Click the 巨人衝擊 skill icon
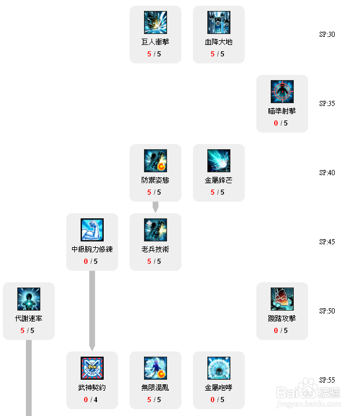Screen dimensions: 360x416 [x=156, y=22]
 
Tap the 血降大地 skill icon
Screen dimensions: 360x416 [x=219, y=22]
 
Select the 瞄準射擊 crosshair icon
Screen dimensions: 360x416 [x=282, y=92]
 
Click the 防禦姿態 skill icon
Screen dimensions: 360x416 [x=156, y=161]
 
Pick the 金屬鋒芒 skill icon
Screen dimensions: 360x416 [x=219, y=161]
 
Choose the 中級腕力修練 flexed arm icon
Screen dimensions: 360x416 [x=92, y=230]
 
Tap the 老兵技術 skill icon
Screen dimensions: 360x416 [x=156, y=230]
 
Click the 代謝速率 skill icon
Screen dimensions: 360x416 [x=29, y=299]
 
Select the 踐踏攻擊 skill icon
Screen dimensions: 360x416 [x=282, y=299]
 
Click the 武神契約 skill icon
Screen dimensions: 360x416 [x=92, y=368]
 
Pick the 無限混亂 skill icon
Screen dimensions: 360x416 [x=156, y=368]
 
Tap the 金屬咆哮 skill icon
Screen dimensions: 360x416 [x=219, y=368]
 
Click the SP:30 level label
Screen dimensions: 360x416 [x=327, y=35]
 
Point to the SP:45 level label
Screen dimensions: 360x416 [x=327, y=242]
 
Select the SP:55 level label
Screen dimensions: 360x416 [x=327, y=380]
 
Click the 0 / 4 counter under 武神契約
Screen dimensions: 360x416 [x=92, y=400]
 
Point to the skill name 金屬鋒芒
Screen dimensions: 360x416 [x=219, y=180]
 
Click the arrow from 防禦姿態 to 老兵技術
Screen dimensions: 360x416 [x=156, y=207]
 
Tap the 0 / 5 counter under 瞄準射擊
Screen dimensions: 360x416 [x=282, y=123]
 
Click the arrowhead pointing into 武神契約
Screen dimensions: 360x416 [x=92, y=347]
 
